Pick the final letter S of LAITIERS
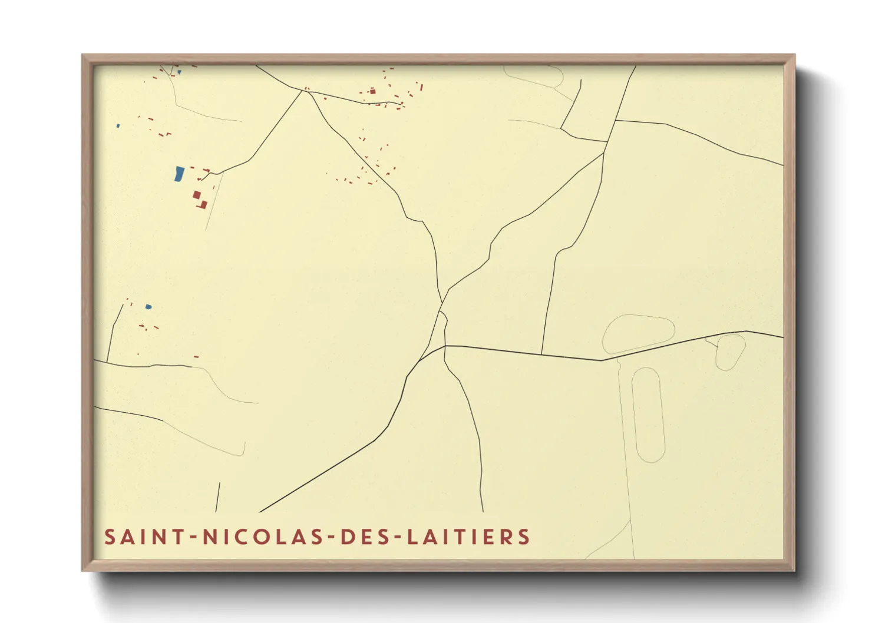[524, 537]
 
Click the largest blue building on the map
[179, 174]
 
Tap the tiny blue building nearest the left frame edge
[118, 125]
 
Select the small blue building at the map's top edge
[179, 72]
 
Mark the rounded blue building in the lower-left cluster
[148, 307]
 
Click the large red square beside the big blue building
[197, 195]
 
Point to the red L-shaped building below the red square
[203, 205]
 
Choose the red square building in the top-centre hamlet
[372, 91]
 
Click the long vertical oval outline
[648, 415]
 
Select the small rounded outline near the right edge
[731, 351]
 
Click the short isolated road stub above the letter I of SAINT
[217, 497]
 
